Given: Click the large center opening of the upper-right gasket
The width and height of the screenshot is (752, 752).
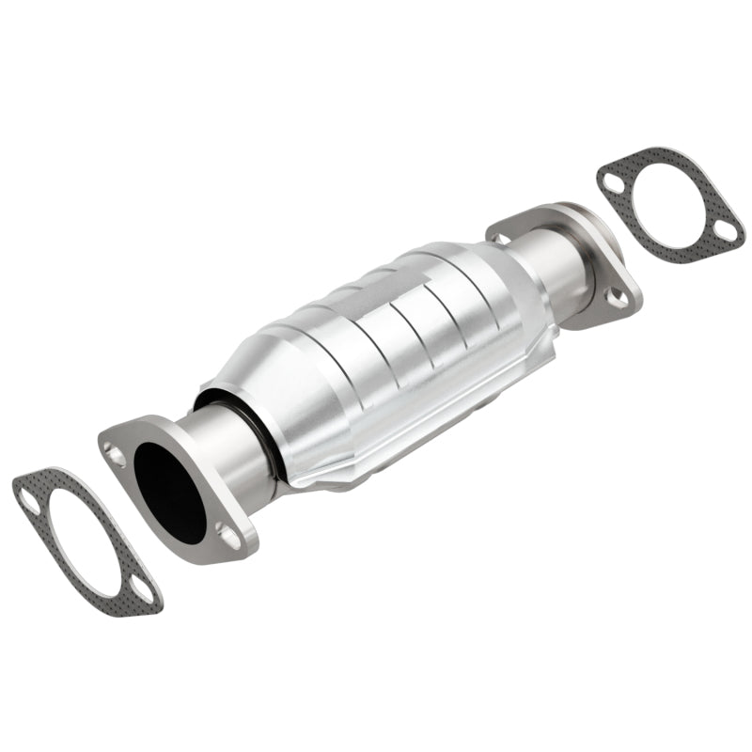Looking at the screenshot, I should click(669, 206).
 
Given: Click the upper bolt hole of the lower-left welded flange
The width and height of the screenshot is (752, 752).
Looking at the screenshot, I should click(117, 458).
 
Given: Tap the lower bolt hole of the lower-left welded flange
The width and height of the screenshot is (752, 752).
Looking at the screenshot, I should click(227, 535).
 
